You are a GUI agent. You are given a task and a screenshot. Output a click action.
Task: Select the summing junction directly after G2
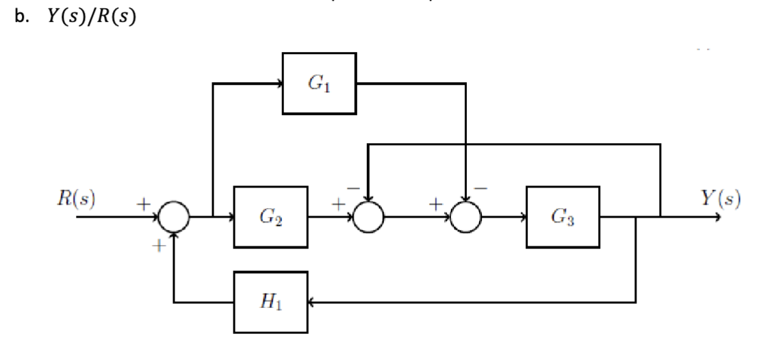tap(369, 218)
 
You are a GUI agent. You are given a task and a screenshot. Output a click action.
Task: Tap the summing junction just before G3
tap(466, 218)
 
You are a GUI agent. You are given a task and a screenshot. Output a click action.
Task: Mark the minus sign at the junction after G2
tap(352, 187)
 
